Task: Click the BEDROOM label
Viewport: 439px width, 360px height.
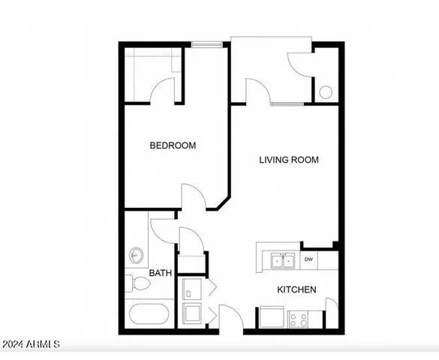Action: [173, 145]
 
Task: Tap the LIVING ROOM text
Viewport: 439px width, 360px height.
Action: [289, 160]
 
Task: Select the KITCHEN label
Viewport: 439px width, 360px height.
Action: [296, 290]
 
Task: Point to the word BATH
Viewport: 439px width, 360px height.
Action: [161, 273]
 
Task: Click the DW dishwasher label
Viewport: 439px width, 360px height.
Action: [308, 260]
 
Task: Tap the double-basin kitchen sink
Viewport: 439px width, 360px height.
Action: [283, 261]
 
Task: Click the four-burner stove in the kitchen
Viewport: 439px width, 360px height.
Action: [299, 319]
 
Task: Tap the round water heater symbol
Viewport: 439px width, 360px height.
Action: [326, 92]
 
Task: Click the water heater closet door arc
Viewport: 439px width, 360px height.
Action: [299, 64]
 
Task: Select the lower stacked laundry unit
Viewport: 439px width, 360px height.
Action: [191, 312]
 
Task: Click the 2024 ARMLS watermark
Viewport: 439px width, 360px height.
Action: [30, 345]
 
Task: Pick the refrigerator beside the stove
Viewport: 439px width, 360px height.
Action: [272, 318]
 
